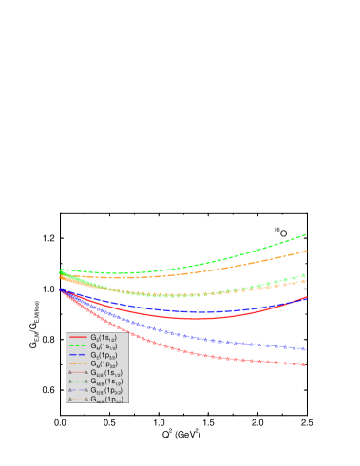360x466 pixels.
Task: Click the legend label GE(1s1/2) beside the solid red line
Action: pos(103,338)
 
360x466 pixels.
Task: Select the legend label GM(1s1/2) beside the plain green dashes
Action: pos(103,346)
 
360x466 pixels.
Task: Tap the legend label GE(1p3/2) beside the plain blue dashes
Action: pos(103,355)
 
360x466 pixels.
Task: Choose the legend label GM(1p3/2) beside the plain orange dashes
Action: pos(103,363)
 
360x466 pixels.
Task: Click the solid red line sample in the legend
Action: pos(78,338)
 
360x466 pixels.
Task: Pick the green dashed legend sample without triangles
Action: pos(78,346)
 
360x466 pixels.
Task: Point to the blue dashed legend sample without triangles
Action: pos(78,355)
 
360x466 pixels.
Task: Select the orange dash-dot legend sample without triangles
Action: pos(78,363)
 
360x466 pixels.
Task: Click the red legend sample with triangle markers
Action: pos(78,373)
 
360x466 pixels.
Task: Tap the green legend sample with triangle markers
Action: pos(78,382)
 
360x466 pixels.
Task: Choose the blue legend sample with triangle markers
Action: pos(78,390)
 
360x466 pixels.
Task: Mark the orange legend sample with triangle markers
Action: pos(78,399)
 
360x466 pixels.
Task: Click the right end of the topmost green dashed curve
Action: pos(306,234)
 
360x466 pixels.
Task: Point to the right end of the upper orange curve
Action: pos(306,251)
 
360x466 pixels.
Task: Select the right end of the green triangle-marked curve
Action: pos(304,275)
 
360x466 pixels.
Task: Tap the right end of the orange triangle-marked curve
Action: pos(304,281)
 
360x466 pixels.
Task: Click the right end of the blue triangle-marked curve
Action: pos(305,349)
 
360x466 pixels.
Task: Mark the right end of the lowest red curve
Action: pos(305,364)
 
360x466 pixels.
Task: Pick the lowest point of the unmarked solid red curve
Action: pos(195,319)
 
